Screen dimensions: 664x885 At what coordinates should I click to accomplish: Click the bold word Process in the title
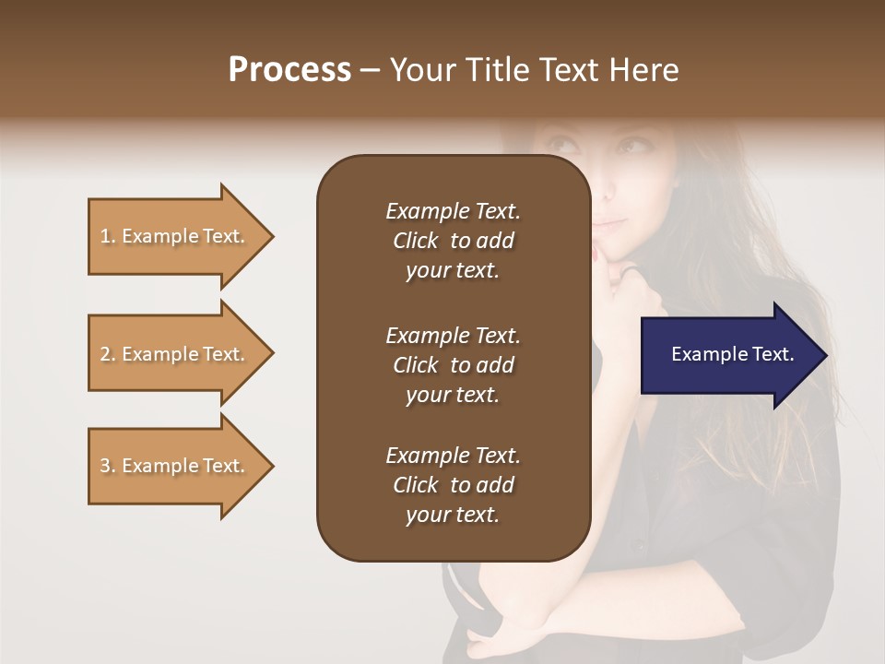289,70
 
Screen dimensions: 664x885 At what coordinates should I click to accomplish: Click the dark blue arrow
719,354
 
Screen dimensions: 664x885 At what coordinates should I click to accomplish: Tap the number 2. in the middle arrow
108,354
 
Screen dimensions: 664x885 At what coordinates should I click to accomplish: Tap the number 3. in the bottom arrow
108,466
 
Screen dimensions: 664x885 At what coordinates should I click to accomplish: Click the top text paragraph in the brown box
453,241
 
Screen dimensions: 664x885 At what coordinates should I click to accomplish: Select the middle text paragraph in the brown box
453,365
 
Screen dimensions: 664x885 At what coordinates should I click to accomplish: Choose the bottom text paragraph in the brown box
453,485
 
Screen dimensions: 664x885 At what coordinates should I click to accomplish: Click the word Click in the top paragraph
415,241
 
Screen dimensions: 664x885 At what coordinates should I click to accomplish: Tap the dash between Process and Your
371,71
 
